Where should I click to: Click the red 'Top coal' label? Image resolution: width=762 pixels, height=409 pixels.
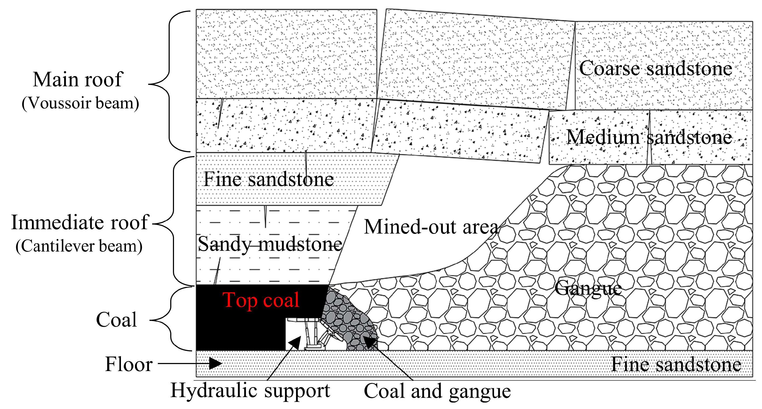[261, 300]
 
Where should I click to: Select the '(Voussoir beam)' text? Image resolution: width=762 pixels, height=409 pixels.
[80, 103]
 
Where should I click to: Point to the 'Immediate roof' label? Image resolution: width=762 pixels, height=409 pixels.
[79, 222]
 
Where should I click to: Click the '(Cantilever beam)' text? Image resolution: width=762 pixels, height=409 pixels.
[79, 246]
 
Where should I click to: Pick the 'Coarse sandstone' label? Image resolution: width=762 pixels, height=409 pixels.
[656, 69]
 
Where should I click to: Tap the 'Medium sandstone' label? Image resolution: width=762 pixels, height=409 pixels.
[649, 137]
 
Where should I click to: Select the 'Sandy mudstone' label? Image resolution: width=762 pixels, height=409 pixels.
[270, 244]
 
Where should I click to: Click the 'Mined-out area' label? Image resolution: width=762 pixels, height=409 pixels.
[431, 227]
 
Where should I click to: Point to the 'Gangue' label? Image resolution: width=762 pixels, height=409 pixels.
[588, 288]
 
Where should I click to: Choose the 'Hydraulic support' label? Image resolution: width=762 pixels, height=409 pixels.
[250, 391]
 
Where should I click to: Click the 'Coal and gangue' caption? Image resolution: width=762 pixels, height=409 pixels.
[437, 392]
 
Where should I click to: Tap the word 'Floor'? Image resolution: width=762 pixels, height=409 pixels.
[129, 364]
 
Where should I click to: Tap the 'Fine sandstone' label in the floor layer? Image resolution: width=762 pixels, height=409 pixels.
[676, 364]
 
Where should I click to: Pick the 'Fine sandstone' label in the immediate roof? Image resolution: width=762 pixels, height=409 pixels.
[268, 179]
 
